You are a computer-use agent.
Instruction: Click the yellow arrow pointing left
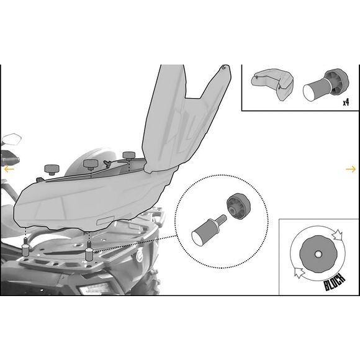9,169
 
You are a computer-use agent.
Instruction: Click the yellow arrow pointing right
351,169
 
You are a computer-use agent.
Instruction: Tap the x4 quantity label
346,102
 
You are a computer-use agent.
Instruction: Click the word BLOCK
335,282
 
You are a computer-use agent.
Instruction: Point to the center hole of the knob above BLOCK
318,254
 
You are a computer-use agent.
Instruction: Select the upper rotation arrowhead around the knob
338,235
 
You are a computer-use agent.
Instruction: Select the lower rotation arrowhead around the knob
299,272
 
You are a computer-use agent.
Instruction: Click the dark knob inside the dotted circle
238,207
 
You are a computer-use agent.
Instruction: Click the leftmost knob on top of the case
52,169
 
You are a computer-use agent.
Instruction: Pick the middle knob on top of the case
91,164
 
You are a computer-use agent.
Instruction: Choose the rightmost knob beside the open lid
129,156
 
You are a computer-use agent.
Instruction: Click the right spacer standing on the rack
89,251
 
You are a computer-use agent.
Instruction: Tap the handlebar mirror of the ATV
11,140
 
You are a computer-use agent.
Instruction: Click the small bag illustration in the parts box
272,83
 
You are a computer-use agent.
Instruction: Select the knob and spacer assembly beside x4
326,85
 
